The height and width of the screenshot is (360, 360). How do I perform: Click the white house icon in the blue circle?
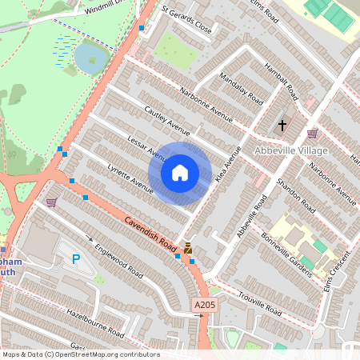(x=180, y=172)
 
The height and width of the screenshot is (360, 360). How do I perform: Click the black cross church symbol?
(x=282, y=125)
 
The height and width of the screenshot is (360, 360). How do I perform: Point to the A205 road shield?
(x=205, y=306)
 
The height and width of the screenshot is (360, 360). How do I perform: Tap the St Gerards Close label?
(x=186, y=22)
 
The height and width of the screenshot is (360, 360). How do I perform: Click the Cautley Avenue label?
(x=166, y=119)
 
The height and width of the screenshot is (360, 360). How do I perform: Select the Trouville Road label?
(x=260, y=303)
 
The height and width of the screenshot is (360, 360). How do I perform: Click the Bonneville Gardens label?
(x=286, y=254)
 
